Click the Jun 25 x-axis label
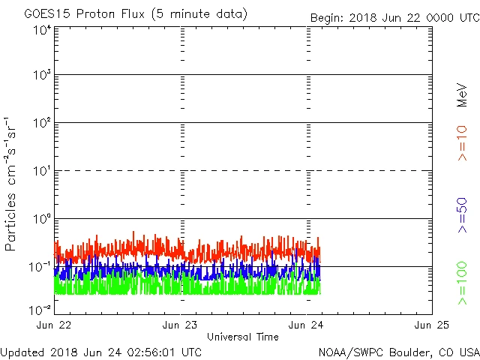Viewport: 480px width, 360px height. [432, 325]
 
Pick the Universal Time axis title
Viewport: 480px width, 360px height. [243, 337]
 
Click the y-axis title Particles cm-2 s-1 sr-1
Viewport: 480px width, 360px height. [12, 184]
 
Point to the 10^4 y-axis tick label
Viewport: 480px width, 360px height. [42, 29]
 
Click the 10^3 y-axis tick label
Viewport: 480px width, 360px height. [42, 75]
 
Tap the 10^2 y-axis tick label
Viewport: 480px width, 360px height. [42, 123]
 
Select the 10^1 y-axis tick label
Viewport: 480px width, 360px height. [42, 171]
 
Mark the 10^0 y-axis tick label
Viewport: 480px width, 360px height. [42, 219]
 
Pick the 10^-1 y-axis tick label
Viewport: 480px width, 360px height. [40, 266]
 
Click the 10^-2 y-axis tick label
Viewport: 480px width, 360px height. [40, 308]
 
